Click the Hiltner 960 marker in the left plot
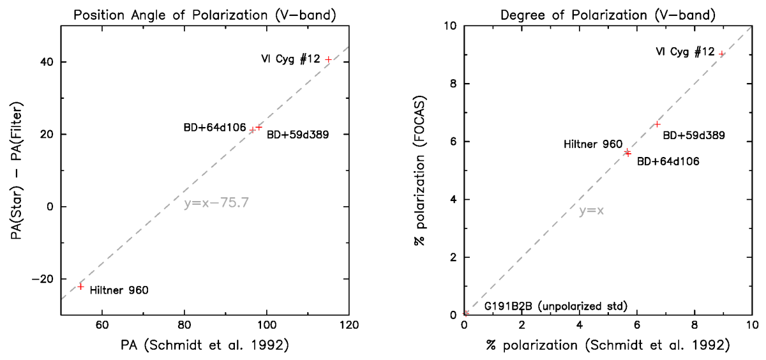[80, 286]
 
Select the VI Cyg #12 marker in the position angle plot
[328, 59]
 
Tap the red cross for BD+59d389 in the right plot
[657, 124]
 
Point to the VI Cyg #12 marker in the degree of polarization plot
[721, 54]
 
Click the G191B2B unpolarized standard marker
[467, 313]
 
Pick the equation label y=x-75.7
[216, 204]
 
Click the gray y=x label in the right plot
[591, 211]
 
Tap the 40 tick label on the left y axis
[47, 62]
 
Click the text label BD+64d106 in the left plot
[214, 128]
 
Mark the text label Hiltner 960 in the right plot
[593, 145]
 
